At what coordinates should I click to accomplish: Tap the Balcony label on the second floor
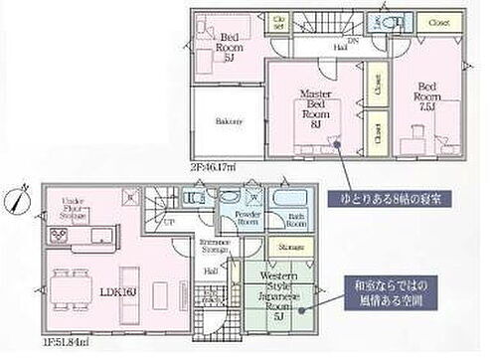(x=229, y=121)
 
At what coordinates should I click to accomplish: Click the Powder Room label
(x=248, y=219)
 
